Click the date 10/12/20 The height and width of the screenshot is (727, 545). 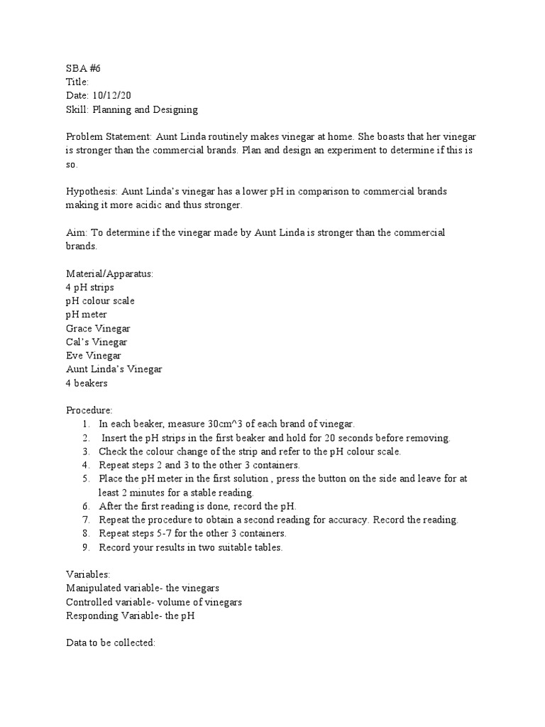click(114, 96)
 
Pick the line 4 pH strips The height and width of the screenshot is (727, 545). click(89, 288)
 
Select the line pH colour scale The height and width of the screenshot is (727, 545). click(100, 301)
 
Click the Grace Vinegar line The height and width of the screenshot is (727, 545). click(98, 329)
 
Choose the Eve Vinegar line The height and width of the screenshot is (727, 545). click(93, 356)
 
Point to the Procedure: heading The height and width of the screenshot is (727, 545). click(89, 410)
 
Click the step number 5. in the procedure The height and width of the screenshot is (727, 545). click(86, 479)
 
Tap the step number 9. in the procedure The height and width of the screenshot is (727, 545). click(86, 547)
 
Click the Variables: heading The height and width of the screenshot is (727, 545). click(88, 574)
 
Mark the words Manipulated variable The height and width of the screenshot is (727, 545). click(108, 589)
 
